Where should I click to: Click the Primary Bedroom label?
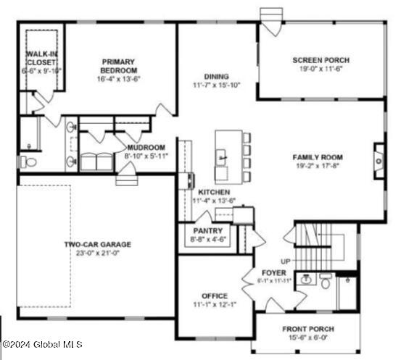coord(120,66)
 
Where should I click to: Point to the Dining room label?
coord(216,76)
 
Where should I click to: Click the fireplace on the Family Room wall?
coord(379,154)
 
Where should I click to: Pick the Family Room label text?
coord(318,157)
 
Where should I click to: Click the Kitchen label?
coord(214,192)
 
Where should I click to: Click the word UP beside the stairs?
coord(286,260)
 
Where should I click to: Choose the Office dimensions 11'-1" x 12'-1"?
coord(215,304)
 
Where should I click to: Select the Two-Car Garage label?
coord(96,244)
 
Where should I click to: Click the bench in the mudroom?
coord(96,160)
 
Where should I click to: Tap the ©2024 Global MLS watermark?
coord(42,343)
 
